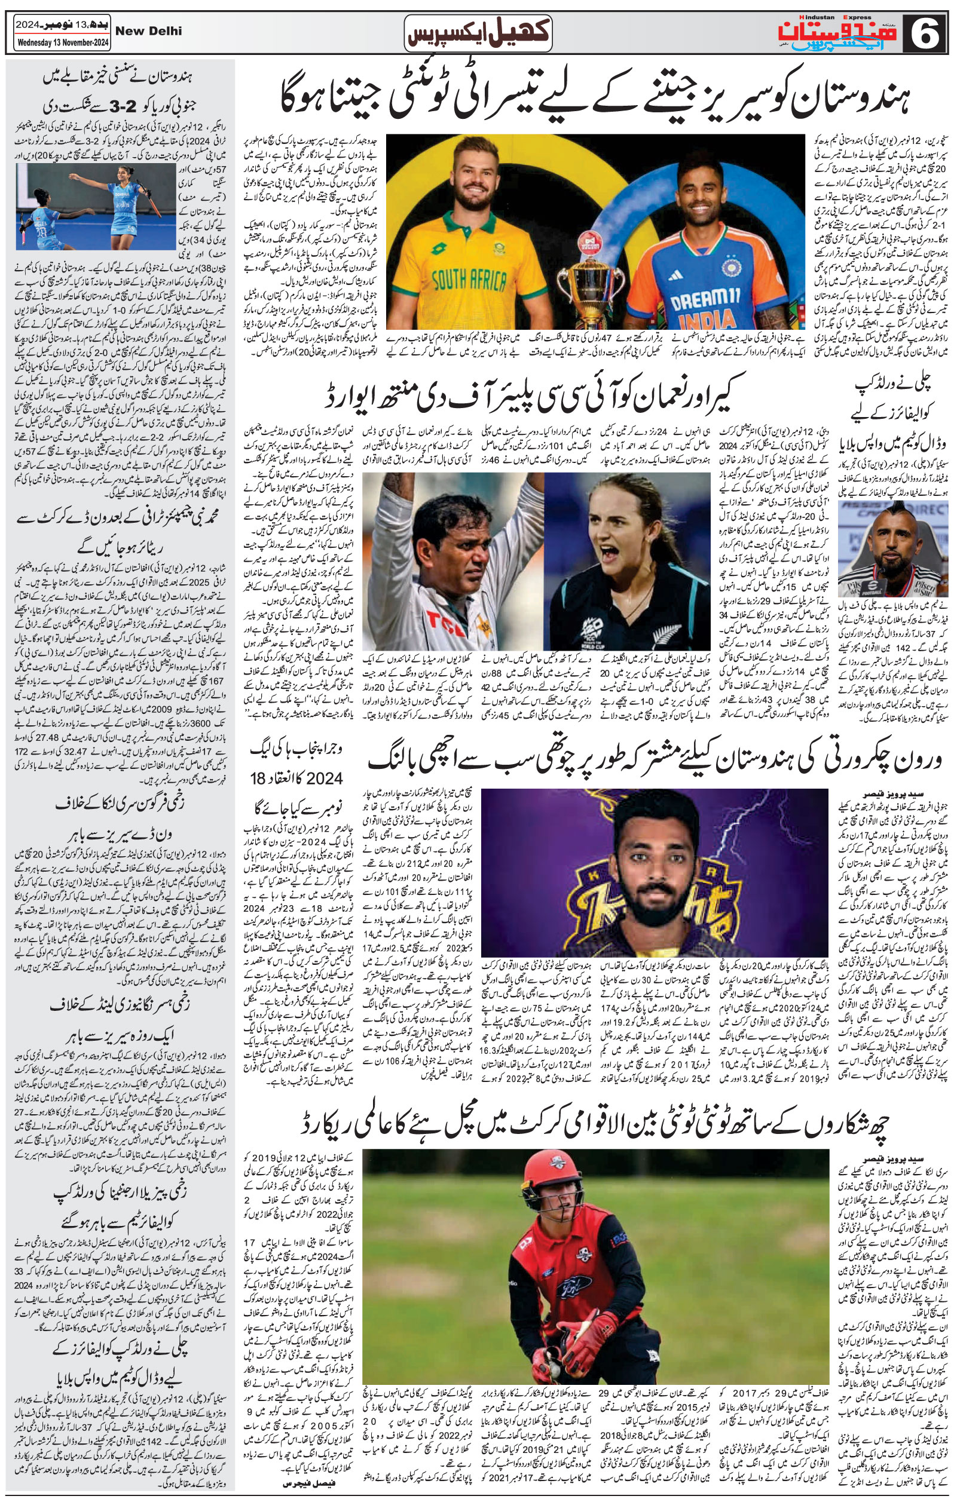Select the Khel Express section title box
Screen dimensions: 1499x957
point(478,33)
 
